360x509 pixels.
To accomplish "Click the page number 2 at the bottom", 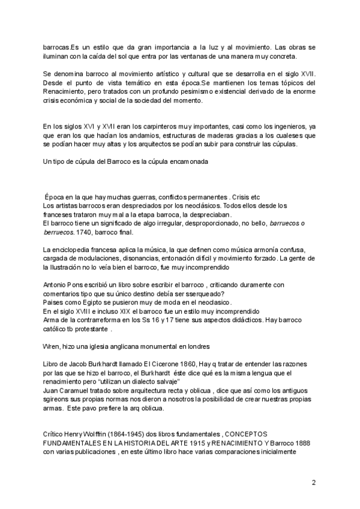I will pos(314,482).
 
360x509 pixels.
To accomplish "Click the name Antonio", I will pos(56,284).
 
